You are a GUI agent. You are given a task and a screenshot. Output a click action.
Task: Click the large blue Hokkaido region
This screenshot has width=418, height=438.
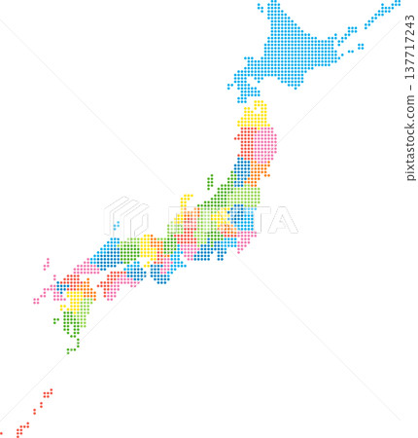pyautogui.click(x=292, y=54)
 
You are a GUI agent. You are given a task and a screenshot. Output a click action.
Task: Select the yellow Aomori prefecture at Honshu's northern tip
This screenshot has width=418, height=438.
pyautogui.click(x=256, y=117)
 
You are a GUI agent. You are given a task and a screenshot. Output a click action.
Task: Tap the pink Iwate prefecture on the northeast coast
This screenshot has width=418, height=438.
pyautogui.click(x=265, y=144)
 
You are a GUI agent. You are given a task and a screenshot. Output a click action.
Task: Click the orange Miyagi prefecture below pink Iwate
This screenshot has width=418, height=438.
pyautogui.click(x=260, y=172)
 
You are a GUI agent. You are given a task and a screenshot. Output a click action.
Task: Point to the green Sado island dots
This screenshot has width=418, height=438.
pyautogui.click(x=209, y=181)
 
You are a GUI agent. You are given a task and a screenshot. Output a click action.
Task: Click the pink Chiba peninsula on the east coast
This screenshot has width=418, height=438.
pyautogui.click(x=245, y=237)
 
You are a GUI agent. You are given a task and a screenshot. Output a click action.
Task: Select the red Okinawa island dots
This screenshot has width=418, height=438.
pyautogui.click(x=21, y=426)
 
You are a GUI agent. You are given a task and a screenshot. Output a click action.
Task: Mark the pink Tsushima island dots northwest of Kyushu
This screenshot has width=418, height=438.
pyautogui.click(x=46, y=263)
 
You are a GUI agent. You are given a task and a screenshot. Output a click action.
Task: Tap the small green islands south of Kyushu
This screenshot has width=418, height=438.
pyautogui.click(x=70, y=349)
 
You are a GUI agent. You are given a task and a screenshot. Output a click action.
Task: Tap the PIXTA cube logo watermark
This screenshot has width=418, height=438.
pyautogui.click(x=125, y=215)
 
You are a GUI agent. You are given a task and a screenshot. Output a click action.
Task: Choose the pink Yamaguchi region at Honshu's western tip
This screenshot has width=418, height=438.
pyautogui.click(x=87, y=267)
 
